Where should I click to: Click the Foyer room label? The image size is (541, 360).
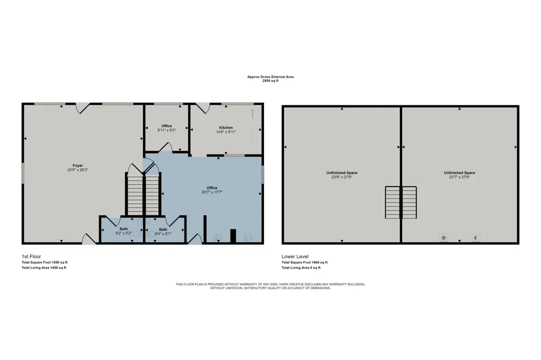click(77, 165)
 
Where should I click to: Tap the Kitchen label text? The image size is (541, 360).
click(226, 128)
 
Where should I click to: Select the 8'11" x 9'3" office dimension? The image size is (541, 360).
click(167, 130)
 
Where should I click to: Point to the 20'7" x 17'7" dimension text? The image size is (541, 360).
click(212, 192)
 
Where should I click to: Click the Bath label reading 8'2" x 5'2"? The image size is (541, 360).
click(123, 231)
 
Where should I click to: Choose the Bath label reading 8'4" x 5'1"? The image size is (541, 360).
click(163, 231)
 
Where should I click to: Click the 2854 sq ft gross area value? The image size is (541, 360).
click(270, 81)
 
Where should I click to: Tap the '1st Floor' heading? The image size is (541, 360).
click(31, 257)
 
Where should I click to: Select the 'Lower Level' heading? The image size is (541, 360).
click(295, 257)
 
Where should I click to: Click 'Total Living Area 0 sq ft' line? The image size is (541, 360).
click(301, 268)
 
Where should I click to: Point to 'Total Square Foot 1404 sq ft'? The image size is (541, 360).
click(305, 262)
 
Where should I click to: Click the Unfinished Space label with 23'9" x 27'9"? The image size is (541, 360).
click(342, 175)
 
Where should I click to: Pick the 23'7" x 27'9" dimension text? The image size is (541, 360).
click(459, 177)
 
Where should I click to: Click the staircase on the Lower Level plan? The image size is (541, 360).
click(401, 202)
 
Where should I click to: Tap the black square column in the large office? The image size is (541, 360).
click(233, 236)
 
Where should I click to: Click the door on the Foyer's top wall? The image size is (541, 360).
click(82, 108)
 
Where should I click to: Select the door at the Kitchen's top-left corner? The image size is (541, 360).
click(203, 108)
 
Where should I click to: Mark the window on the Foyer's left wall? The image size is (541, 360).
click(23, 173)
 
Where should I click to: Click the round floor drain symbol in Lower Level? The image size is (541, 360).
click(444, 238)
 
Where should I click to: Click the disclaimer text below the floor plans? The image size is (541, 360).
click(270, 286)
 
